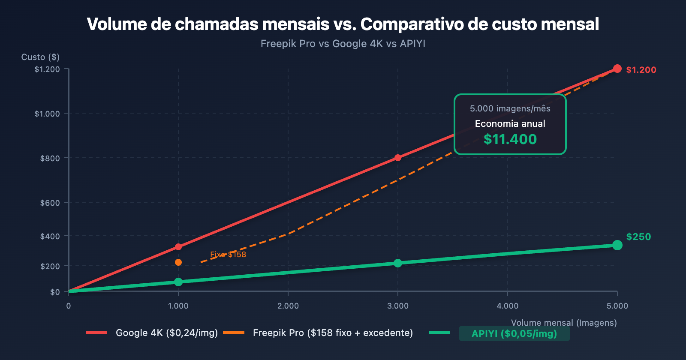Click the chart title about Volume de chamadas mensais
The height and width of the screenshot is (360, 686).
pyautogui.click(x=343, y=24)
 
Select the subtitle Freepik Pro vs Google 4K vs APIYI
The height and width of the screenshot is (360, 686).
pyautogui.click(x=343, y=44)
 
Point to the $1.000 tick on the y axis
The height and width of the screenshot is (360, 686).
pyautogui.click(x=47, y=114)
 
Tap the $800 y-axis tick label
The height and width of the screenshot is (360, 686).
pyautogui.click(x=50, y=158)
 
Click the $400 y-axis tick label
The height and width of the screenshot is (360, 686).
pyautogui.click(x=50, y=236)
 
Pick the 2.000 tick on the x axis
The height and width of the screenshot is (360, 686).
pyautogui.click(x=288, y=306)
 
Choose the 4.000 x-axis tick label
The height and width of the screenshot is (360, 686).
pyautogui.click(x=508, y=306)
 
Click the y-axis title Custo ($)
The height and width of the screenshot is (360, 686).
pyautogui.click(x=40, y=57)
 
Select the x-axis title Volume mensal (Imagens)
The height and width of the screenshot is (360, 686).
pyautogui.click(x=564, y=323)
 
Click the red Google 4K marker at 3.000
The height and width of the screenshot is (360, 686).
pyautogui.click(x=398, y=158)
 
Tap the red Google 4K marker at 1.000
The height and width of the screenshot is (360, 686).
pyautogui.click(x=178, y=247)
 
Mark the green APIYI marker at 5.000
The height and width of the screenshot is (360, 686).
pyautogui.click(x=617, y=245)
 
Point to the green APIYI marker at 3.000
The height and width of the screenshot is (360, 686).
pyautogui.click(x=398, y=263)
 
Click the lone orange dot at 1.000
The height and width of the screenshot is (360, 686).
pyautogui.click(x=178, y=262)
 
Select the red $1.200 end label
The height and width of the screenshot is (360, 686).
pyautogui.click(x=641, y=70)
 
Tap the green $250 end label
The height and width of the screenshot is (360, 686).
pyautogui.click(x=638, y=237)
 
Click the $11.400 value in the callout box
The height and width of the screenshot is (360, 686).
pyautogui.click(x=510, y=139)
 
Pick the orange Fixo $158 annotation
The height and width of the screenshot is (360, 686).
pyautogui.click(x=228, y=255)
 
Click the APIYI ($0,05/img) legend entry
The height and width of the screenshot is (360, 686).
pyautogui.click(x=514, y=334)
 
